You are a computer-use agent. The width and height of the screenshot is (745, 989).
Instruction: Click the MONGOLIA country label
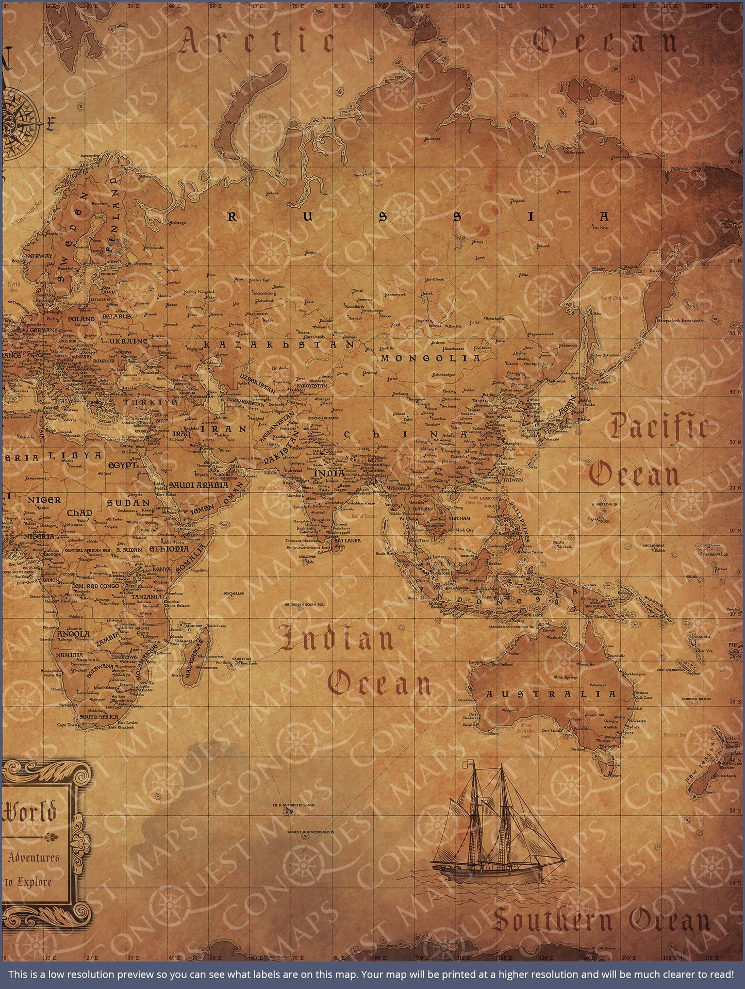click(431, 358)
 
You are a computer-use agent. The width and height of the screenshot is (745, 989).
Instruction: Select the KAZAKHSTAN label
click(279, 344)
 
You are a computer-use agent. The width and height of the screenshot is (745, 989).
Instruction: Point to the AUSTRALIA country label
click(551, 695)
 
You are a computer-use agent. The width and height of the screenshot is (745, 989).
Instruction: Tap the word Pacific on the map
click(658, 427)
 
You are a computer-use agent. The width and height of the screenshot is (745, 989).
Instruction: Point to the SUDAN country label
click(128, 502)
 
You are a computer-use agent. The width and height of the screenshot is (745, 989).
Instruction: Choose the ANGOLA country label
click(73, 634)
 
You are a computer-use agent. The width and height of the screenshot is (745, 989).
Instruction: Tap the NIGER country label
click(44, 500)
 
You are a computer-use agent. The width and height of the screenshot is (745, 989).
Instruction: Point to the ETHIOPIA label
click(169, 549)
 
